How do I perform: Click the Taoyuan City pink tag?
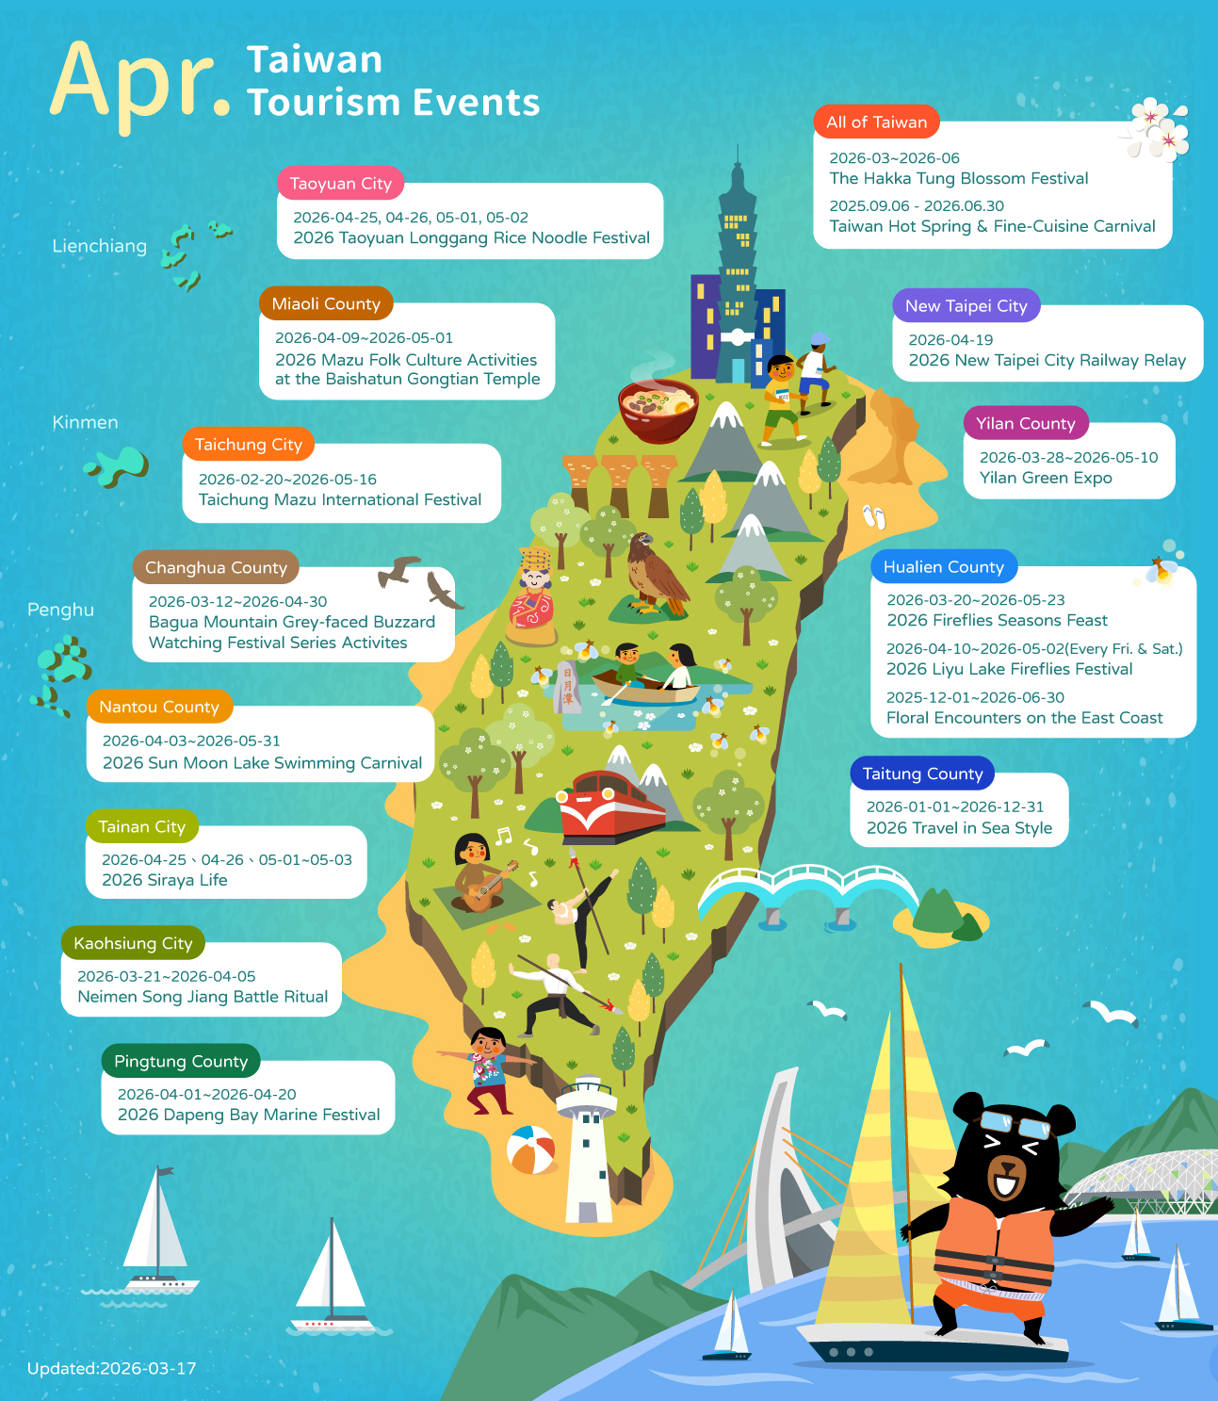[340, 184]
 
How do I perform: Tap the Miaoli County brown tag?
[326, 304]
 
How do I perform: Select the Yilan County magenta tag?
[1025, 424]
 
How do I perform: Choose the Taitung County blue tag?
[922, 774]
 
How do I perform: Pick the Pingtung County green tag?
[181, 1062]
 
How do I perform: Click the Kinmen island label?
[86, 423]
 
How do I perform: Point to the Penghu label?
[61, 611]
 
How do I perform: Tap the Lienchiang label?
[100, 247]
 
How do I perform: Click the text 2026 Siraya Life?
[165, 880]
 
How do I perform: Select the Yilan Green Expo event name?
[1046, 478]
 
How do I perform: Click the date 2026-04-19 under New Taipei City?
[950, 340]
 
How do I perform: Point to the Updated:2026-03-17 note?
[112, 1369]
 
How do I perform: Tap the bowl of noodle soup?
[658, 409]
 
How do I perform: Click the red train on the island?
[611, 806]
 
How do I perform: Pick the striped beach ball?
[531, 1150]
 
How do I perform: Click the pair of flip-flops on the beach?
[874, 516]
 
